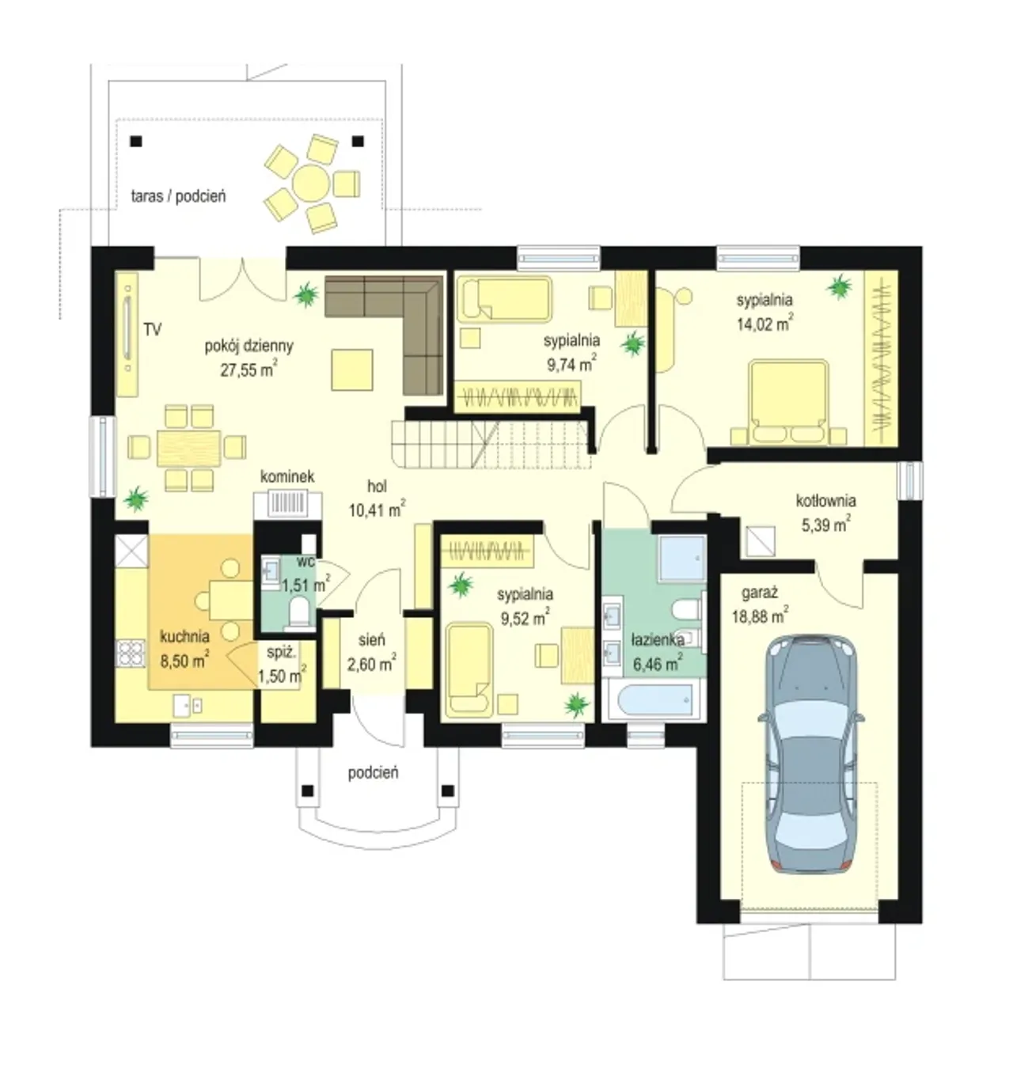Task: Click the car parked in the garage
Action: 811,755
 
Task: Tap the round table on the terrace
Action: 311,184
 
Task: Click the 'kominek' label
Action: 287,476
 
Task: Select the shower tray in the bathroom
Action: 682,559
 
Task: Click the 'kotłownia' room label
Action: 825,501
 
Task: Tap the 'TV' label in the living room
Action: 153,329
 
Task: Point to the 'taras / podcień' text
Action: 178,196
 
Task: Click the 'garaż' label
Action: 760,593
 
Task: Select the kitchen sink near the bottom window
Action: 188,705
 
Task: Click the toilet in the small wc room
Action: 298,611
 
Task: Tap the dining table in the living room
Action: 188,448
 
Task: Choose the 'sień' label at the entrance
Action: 371,640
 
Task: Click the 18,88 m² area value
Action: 760,616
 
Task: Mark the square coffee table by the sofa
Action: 352,370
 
